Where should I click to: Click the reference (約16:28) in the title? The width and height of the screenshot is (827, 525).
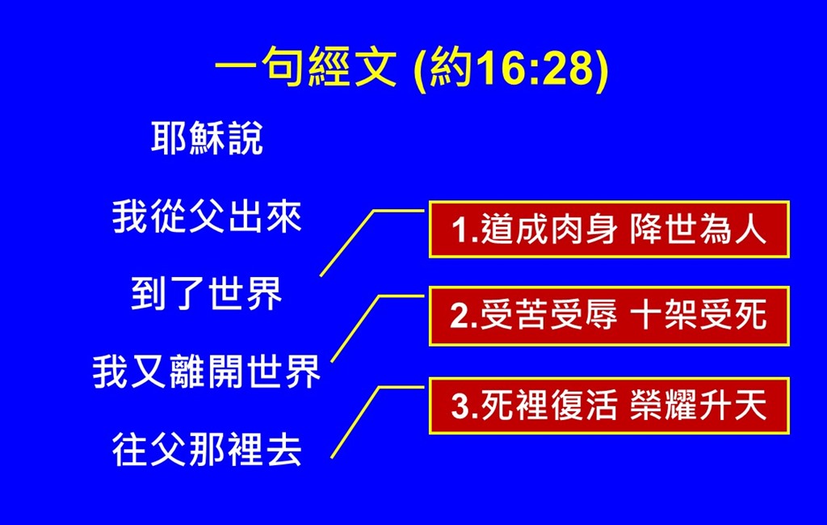tap(511, 69)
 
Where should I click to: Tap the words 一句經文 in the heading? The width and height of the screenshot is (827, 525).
tap(305, 67)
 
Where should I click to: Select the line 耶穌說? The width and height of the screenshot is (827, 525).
tap(207, 138)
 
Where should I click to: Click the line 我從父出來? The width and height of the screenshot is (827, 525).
tap(207, 216)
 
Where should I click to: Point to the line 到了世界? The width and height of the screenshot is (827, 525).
tap(207, 294)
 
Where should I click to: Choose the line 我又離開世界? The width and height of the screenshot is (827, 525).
tap(207, 372)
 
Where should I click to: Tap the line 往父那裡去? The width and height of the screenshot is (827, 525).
tap(207, 450)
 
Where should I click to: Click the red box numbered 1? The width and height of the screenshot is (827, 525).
tap(609, 229)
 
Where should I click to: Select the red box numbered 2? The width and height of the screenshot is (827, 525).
tap(609, 316)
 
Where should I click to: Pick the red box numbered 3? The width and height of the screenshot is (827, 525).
tap(609, 405)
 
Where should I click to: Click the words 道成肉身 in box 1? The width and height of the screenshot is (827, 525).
tap(549, 230)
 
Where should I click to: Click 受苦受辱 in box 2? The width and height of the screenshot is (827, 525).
tap(549, 316)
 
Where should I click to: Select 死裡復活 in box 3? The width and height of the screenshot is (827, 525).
tap(549, 405)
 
